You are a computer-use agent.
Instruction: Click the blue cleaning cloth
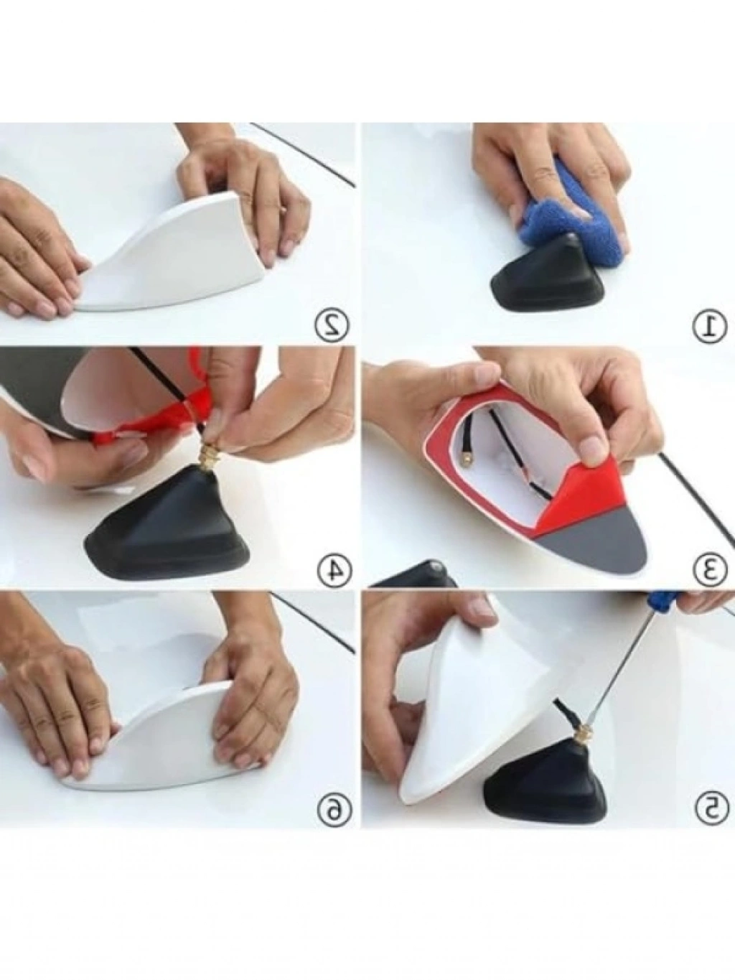pyautogui.click(x=574, y=232)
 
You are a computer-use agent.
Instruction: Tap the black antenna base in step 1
pyautogui.click(x=548, y=274)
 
